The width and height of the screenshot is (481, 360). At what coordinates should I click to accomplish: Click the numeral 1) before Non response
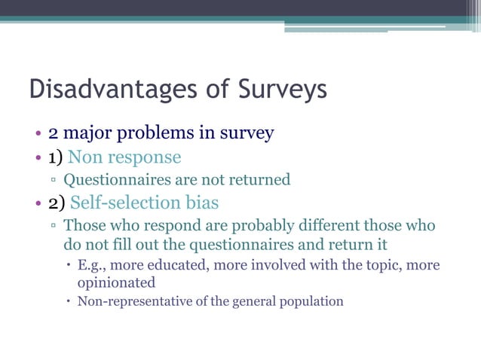click(x=56, y=157)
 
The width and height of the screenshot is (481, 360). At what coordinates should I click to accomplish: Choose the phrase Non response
click(x=124, y=157)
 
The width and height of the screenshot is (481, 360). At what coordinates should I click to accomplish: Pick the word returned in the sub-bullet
click(x=260, y=181)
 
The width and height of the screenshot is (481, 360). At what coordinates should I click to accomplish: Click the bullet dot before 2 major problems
click(x=37, y=136)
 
